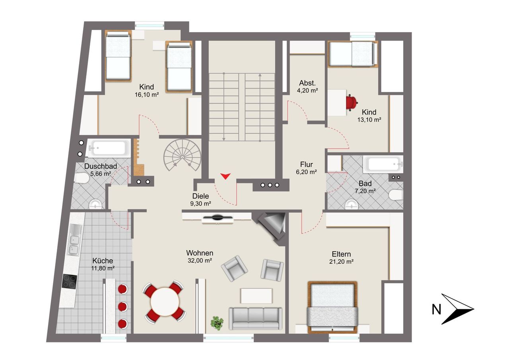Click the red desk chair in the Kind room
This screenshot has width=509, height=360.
click(x=352, y=103)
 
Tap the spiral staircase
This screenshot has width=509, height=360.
click(x=183, y=155)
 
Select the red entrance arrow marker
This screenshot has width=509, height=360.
click(x=225, y=176)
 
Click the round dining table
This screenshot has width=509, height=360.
click(x=165, y=302)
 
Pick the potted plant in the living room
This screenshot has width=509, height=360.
click(x=217, y=323)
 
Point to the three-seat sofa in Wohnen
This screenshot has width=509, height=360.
click(x=256, y=319)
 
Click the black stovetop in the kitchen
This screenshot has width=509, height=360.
click(x=70, y=282)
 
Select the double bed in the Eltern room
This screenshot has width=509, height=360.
click(x=332, y=307)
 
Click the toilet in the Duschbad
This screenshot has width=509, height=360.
click(x=82, y=178)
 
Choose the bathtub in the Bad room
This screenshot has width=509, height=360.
click(x=383, y=164)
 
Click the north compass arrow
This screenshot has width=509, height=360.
click(x=457, y=309)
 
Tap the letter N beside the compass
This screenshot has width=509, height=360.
click(x=436, y=309)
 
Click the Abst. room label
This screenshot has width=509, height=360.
click(x=307, y=83)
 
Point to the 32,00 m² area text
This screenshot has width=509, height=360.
click(x=200, y=261)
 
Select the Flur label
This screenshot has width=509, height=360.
click(x=306, y=164)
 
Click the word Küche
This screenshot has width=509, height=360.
click(x=103, y=261)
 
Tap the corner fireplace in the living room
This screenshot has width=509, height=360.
click(x=273, y=227)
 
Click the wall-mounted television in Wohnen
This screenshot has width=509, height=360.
click(x=218, y=218)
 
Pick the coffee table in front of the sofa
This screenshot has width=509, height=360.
click(x=256, y=296)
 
